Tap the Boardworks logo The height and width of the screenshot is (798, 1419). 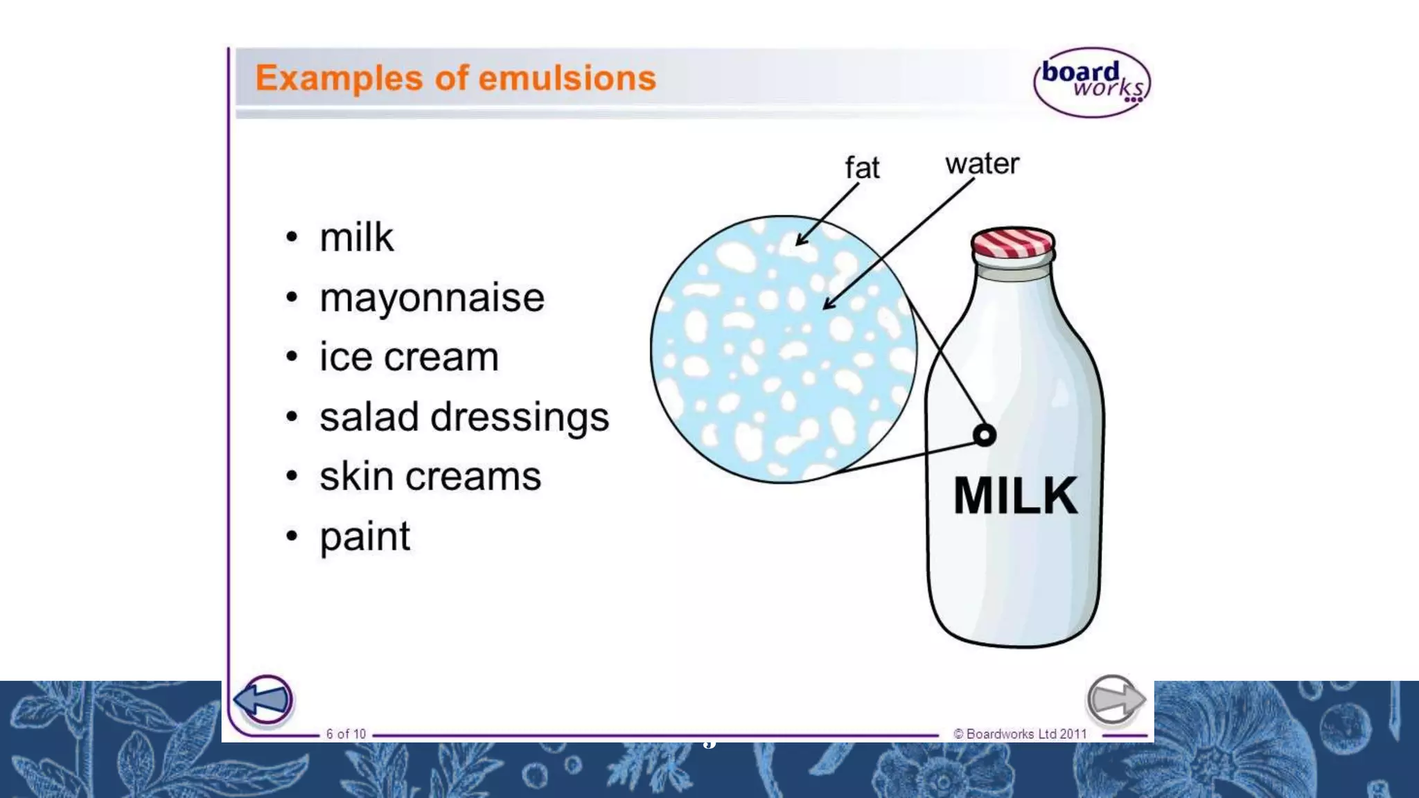pos(1091,82)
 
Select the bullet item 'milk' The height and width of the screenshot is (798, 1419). pos(356,238)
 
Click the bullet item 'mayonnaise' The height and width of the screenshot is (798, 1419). pos(432,298)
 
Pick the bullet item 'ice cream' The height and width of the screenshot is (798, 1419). pos(409,357)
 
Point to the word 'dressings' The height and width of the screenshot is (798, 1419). pos(520,418)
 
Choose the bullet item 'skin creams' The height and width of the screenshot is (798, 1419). pos(430,477)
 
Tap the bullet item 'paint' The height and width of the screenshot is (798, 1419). pos(364,537)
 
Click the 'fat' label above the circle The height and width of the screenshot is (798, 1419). pos(862,168)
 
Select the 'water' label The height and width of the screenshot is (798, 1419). pos(982,164)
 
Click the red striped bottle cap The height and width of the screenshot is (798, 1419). pos(1012,242)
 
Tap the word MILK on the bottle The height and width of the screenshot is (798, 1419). pos(1015,495)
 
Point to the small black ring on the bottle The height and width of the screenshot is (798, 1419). pos(985,435)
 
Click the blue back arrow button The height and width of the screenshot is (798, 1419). pos(264,699)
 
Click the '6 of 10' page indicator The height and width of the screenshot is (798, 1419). pos(346,734)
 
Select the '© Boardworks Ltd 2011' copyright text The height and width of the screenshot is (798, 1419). pos(1020,734)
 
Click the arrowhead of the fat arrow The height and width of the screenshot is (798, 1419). pos(801,240)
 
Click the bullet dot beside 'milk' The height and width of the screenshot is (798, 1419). pos(292,238)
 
